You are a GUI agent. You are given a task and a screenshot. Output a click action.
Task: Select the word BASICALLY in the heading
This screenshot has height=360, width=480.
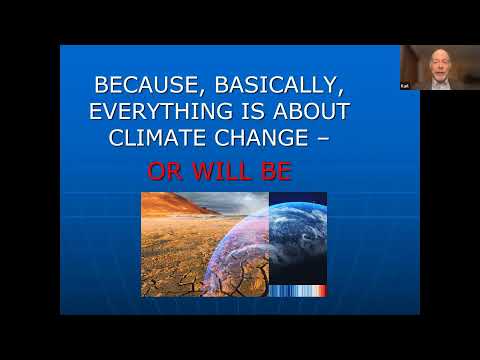[x=276, y=85]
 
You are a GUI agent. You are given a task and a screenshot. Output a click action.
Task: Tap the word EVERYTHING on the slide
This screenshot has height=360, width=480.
[x=161, y=111]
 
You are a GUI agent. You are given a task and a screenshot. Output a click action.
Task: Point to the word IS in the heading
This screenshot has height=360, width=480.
[x=253, y=111]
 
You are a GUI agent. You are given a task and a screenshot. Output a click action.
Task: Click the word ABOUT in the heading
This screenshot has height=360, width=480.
[x=311, y=111]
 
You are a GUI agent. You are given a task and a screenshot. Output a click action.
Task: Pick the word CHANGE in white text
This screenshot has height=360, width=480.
[x=261, y=138]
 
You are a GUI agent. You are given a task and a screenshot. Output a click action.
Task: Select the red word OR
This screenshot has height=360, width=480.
[x=165, y=171]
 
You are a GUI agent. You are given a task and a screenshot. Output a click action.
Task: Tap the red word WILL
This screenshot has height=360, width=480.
[x=222, y=171]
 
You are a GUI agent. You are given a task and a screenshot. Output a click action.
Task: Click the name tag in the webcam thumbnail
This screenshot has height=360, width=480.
[x=405, y=86]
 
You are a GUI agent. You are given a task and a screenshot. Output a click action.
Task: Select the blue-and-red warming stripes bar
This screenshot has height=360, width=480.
[x=298, y=291]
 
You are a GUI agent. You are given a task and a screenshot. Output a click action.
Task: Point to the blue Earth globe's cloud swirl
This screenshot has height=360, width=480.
[x=298, y=233]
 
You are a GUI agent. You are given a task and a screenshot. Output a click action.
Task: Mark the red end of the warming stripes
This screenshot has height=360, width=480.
[x=323, y=291]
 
